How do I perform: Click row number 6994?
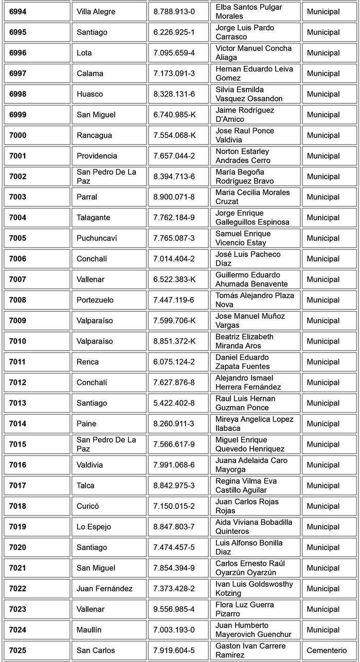pyautogui.click(x=18, y=11)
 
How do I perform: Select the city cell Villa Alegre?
pyautogui.click(x=96, y=11)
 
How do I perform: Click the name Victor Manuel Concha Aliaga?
pyautogui.click(x=254, y=53)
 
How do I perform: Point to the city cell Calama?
pyautogui.click(x=90, y=73)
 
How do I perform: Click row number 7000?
pyautogui.click(x=18, y=135)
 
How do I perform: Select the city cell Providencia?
pyautogui.click(x=97, y=156)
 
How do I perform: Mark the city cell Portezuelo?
pyautogui.click(x=95, y=300)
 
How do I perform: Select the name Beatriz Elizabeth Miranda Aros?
pyautogui.click(x=245, y=341)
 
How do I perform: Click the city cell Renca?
pyautogui.click(x=88, y=362)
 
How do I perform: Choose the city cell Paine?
pyautogui.click(x=86, y=424)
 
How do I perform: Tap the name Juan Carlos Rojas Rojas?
pyautogui.click(x=247, y=506)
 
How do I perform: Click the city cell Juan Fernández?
pyautogui.click(x=105, y=589)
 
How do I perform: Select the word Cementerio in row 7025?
pyautogui.click(x=327, y=650)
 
